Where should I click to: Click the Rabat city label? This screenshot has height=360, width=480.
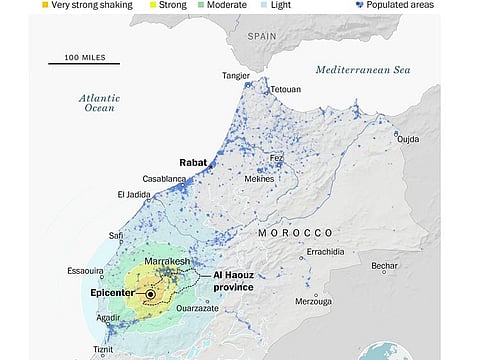(x=192, y=162)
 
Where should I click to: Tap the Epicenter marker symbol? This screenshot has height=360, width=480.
(x=150, y=294)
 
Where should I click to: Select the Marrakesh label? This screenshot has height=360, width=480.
(x=166, y=261)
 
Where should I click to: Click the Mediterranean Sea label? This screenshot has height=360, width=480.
(x=363, y=69)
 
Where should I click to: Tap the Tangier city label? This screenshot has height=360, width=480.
(x=237, y=76)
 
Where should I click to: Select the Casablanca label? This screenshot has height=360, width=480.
(x=165, y=179)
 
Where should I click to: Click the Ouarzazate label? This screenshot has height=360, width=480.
(x=199, y=309)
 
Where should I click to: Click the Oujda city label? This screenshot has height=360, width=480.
(x=409, y=139)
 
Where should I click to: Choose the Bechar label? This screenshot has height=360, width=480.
(x=384, y=266)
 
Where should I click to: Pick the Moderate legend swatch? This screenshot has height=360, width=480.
(x=200, y=5)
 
